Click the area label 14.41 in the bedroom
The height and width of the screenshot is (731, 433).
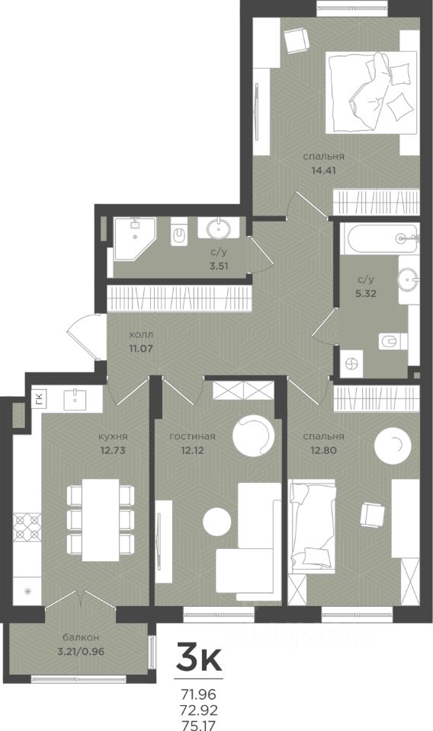tap(323, 171)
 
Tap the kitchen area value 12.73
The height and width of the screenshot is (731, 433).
tap(113, 450)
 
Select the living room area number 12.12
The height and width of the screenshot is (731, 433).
tap(192, 450)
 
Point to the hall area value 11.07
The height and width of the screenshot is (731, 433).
tap(141, 348)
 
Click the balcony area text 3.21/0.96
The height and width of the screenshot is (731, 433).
tap(81, 651)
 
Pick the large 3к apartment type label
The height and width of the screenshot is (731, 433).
tap(198, 657)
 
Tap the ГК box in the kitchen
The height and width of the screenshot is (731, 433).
tap(39, 398)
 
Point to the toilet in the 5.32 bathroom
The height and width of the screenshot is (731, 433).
tap(392, 342)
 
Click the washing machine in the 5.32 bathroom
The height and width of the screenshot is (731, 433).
tap(351, 364)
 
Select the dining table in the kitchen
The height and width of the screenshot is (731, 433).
tap(101, 520)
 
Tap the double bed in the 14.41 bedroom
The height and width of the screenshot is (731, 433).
tap(372, 92)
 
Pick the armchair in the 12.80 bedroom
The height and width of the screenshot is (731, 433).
tap(373, 514)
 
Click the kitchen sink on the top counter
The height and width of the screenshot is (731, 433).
tap(75, 397)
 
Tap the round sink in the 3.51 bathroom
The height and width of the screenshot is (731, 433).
tap(218, 228)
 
